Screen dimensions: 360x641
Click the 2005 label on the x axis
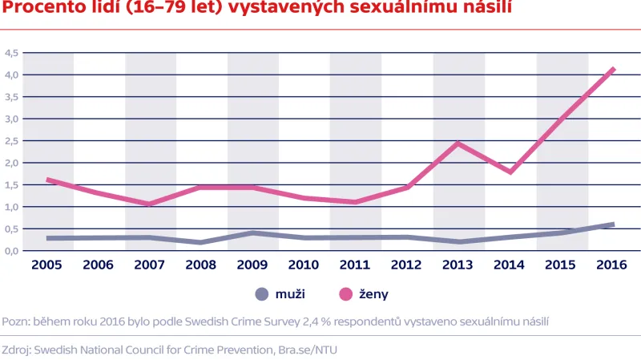coord(47,264)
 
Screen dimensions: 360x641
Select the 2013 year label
coord(458,264)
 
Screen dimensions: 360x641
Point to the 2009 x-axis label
coord(253,264)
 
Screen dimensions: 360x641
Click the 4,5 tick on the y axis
coord(11,53)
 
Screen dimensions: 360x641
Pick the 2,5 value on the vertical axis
coord(11,141)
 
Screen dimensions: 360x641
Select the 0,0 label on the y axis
coord(11,251)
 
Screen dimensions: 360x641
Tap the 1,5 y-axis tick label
coord(11,185)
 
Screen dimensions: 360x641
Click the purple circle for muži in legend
coord(261,294)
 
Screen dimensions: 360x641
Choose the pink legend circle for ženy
coord(346,294)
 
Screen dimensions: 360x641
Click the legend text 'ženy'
coord(374,294)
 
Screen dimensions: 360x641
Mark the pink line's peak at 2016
coord(613,69)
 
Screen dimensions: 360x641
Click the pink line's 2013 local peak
coord(458,144)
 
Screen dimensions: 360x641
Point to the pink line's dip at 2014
coord(510,172)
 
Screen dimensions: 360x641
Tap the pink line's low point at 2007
coord(150,204)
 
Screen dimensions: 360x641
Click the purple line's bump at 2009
coord(253,233)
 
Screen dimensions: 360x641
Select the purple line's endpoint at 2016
coord(613,224)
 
